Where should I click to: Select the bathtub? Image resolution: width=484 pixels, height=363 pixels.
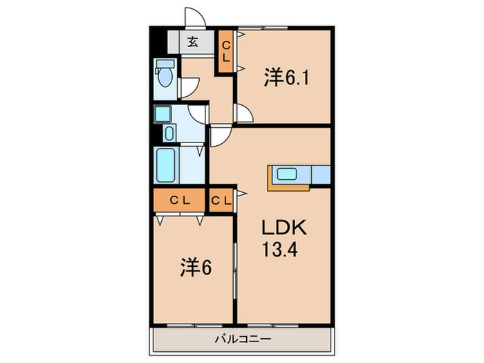point(167,165)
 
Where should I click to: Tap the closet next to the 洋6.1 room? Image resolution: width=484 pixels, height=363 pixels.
point(226,53)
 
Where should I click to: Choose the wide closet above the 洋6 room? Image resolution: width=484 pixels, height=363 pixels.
point(180,201)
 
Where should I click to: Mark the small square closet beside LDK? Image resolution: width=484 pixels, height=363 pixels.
point(221,201)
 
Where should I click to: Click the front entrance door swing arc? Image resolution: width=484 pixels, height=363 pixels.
point(194,18)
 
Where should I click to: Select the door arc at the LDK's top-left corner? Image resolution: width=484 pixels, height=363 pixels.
point(220,136)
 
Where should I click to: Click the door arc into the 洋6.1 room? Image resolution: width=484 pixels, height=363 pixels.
point(243,113)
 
